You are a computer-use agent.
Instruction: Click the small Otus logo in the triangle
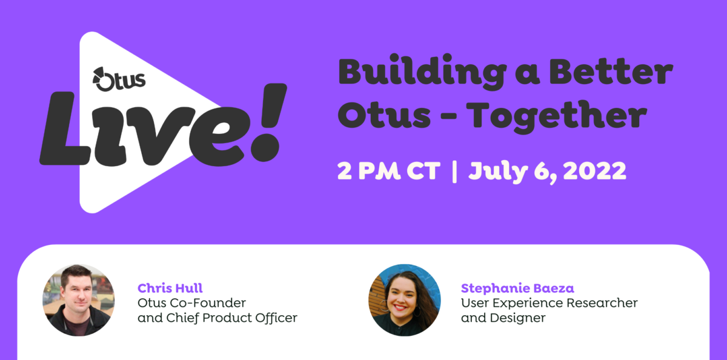[x=119, y=79]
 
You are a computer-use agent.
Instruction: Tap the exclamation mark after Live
[x=268, y=122]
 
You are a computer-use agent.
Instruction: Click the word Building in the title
[x=422, y=72]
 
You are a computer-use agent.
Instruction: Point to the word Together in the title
[x=558, y=117]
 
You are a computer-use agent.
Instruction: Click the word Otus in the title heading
[x=384, y=115]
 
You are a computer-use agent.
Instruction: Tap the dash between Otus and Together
[x=448, y=117]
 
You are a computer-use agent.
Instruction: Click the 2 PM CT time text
[x=389, y=171]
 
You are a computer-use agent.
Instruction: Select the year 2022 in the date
[x=594, y=171]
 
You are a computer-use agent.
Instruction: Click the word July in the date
[x=498, y=172]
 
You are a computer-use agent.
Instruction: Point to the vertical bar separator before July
[x=454, y=172]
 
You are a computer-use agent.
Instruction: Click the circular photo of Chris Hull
[x=79, y=300]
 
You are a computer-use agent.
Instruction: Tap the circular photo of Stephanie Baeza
[x=405, y=300]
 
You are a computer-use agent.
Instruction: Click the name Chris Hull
[x=170, y=288]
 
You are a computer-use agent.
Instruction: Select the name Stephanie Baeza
[x=517, y=288]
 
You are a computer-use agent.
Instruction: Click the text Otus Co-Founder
[x=192, y=303]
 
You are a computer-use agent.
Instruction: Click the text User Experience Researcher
[x=549, y=303]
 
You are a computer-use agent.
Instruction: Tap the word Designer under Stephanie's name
[x=517, y=318]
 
